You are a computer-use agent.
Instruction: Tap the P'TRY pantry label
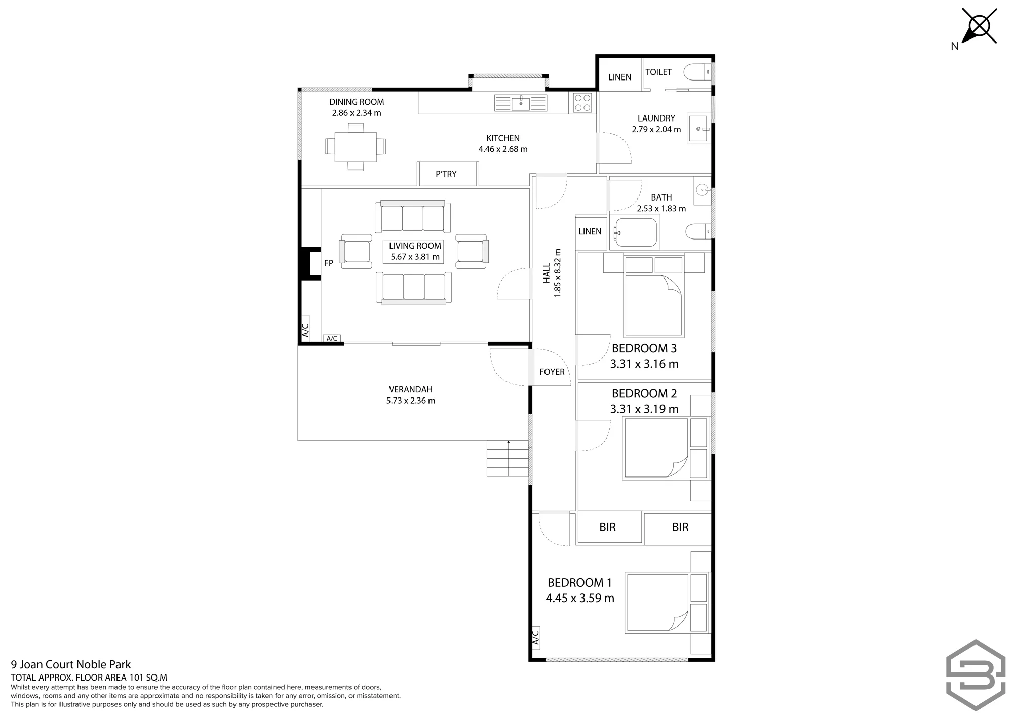(x=446, y=174)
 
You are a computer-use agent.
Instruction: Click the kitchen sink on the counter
(x=521, y=103)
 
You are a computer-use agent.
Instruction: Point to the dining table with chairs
(x=356, y=146)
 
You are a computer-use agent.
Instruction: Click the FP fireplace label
(x=329, y=263)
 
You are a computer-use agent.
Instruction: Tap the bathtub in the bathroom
(x=635, y=232)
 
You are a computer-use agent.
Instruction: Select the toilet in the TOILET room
(x=697, y=73)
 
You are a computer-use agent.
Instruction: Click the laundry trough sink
(x=699, y=129)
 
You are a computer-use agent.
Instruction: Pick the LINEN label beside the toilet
(x=619, y=77)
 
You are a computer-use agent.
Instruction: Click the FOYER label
(x=552, y=372)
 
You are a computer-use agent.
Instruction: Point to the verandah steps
(x=508, y=458)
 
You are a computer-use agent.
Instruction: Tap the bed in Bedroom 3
(x=654, y=297)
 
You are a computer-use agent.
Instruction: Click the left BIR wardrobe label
(x=608, y=527)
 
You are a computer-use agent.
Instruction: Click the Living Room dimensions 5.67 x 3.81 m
(x=415, y=257)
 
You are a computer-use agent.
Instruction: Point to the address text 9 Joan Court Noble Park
(x=71, y=665)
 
